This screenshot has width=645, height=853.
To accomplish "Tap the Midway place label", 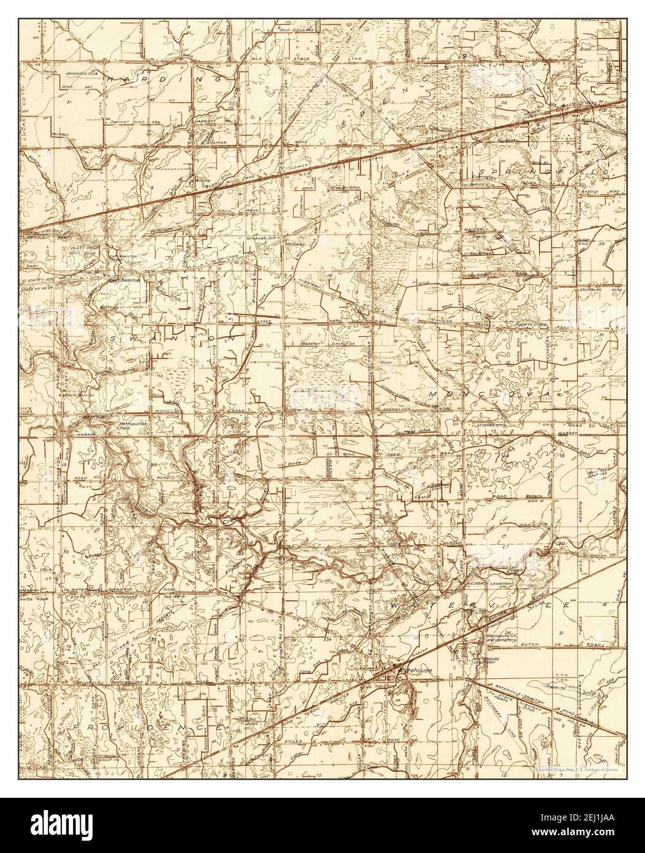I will tap(296, 244).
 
